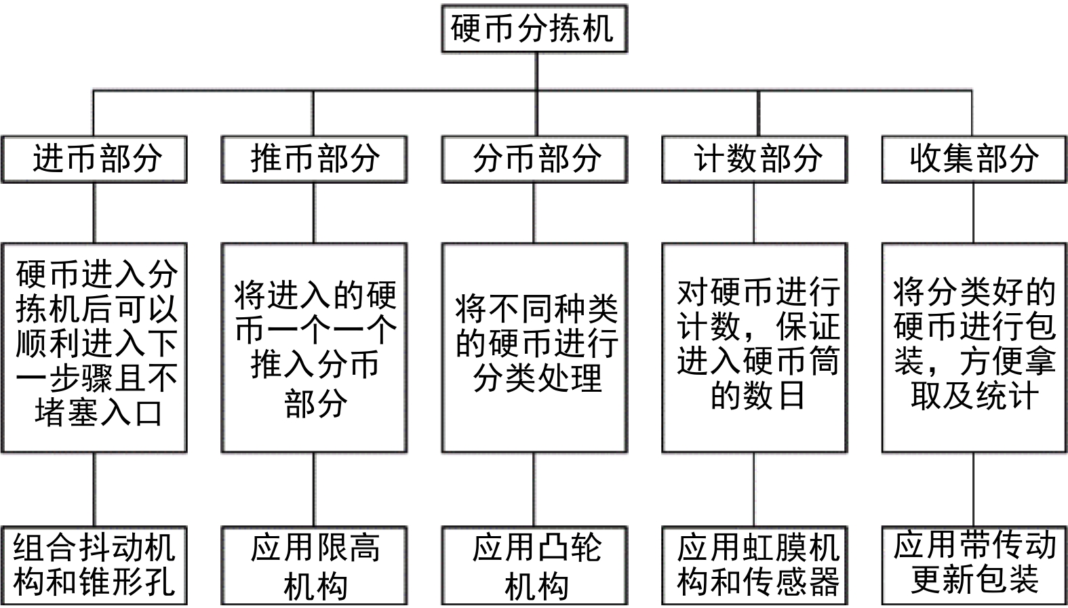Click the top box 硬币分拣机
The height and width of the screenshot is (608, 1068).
[534, 28]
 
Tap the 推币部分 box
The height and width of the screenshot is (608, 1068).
[314, 159]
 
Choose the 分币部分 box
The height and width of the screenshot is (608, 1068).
[534, 159]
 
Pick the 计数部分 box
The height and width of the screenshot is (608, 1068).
[754, 159]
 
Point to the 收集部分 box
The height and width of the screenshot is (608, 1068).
[974, 159]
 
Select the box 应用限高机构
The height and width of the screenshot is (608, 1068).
[314, 565]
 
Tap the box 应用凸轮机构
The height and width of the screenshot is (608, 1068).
[534, 565]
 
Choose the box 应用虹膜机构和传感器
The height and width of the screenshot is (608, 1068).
[754, 565]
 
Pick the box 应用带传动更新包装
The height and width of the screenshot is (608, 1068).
[974, 565]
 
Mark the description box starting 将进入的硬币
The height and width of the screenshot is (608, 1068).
[314, 348]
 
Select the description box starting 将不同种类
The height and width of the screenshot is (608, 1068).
[534, 348]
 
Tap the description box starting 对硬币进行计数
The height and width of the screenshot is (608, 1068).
[754, 348]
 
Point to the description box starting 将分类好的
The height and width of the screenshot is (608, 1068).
[974, 348]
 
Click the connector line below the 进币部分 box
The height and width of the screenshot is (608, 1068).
[94, 213]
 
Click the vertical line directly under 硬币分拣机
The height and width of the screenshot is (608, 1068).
[536, 71]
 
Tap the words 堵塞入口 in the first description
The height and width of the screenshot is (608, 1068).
[99, 413]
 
